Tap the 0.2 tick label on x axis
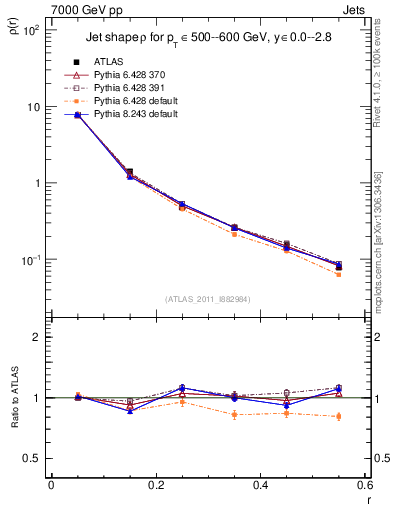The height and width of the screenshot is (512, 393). (x=155, y=485)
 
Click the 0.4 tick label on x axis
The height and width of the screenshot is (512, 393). (x=260, y=485)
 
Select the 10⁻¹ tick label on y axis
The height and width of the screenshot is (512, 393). (x=33, y=260)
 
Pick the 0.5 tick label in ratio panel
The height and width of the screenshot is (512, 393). (x=33, y=458)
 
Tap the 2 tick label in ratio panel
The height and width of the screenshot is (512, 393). (x=38, y=337)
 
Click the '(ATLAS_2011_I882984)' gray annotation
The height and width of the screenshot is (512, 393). (x=208, y=299)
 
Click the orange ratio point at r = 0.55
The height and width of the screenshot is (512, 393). (x=338, y=416)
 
